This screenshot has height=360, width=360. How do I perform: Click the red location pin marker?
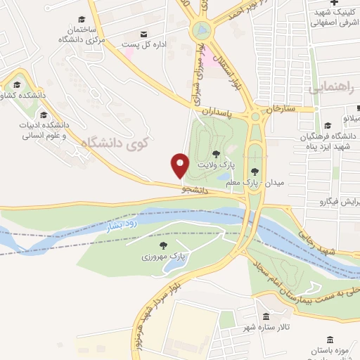[180, 165]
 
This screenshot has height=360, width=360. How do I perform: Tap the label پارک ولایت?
[214, 164]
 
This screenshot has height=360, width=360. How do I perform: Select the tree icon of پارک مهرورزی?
[163, 245]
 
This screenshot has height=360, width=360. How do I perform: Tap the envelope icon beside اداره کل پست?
[145, 33]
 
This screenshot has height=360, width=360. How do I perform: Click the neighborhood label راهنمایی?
[329, 87]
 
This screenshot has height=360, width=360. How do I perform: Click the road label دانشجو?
[195, 190]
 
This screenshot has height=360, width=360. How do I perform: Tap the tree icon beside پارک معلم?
[255, 171]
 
